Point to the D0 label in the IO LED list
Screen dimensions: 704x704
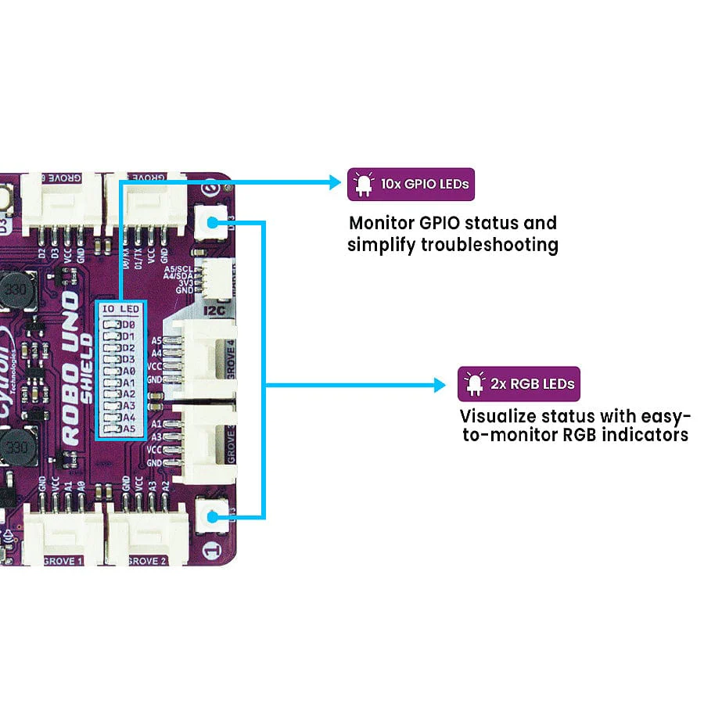pyautogui.click(x=128, y=325)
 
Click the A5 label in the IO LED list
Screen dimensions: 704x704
pyautogui.click(x=128, y=429)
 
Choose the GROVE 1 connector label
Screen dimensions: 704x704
pyautogui.click(x=60, y=561)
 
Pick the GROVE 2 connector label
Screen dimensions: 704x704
pyautogui.click(x=146, y=561)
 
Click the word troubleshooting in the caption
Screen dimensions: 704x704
pyautogui.click(x=490, y=245)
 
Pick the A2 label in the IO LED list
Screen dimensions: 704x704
pyautogui.click(x=128, y=394)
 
